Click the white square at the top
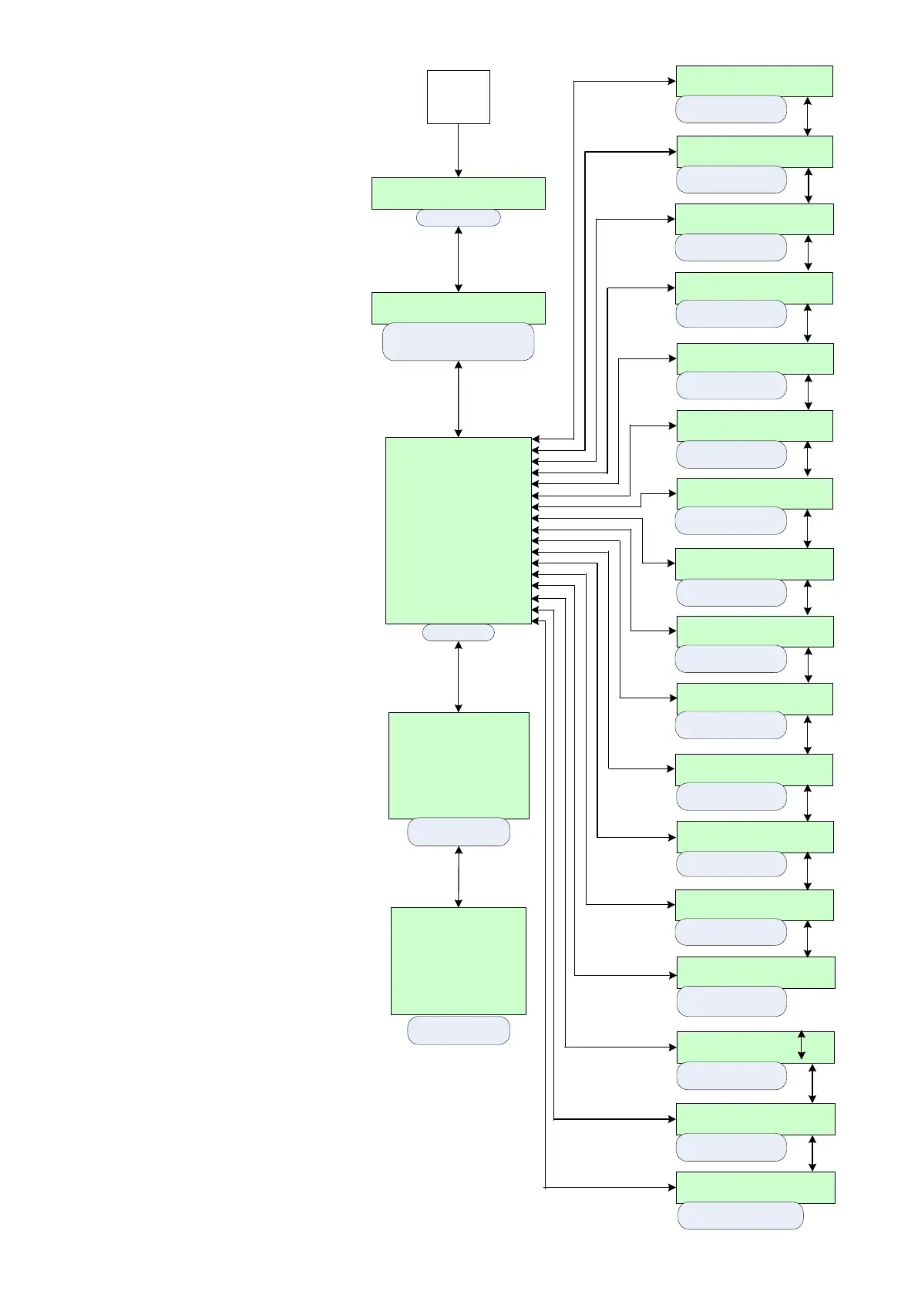[458, 97]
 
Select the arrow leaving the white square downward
[458, 150]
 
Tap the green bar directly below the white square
[458, 193]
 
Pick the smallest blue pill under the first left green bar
[458, 218]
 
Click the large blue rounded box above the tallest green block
[458, 342]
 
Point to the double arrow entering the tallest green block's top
[458, 398]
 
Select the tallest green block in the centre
[458, 530]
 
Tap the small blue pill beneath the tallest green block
[458, 633]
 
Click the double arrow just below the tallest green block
[458, 676]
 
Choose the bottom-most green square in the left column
[458, 960]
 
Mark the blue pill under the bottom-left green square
[458, 1031]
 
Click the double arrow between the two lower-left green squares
[458, 876]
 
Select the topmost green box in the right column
[753, 81]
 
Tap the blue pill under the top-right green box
[731, 109]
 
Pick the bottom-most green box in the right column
[755, 1188]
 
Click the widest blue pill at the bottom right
[740, 1216]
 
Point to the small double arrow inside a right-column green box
[802, 1045]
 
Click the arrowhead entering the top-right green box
[670, 80]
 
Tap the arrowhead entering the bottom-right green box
[670, 1188]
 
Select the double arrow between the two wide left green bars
[458, 259]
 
